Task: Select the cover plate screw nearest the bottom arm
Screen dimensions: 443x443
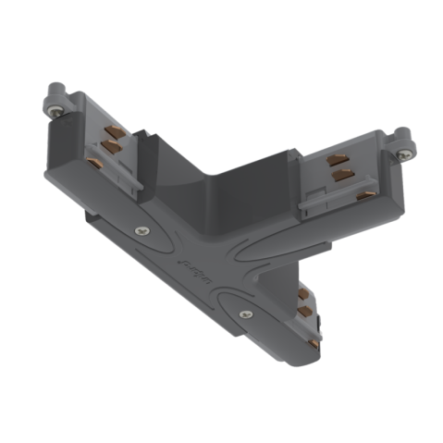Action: [245, 313]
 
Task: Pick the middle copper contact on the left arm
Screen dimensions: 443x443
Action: [111, 146]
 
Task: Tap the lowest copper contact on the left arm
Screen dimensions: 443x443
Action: [95, 162]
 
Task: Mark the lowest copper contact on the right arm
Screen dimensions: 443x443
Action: [367, 194]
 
